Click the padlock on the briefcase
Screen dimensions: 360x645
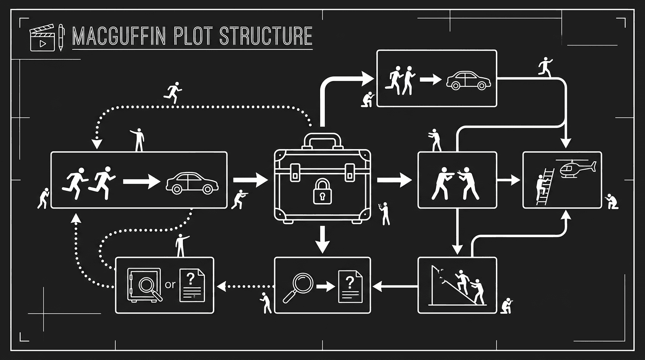(322, 191)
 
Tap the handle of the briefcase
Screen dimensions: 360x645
(322, 139)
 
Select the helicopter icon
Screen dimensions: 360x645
(575, 168)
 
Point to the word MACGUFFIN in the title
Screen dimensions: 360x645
(119, 37)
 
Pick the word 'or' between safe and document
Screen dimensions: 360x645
(171, 285)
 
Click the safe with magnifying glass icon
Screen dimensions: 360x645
(144, 285)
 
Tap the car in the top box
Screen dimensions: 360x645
(468, 80)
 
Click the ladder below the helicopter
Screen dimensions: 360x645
(544, 187)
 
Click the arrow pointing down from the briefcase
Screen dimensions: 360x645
(322, 239)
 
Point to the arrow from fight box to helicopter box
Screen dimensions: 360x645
(509, 180)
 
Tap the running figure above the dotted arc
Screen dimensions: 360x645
(172, 92)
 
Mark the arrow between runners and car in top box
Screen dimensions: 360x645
(430, 80)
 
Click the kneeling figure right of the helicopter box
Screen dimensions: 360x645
(611, 202)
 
